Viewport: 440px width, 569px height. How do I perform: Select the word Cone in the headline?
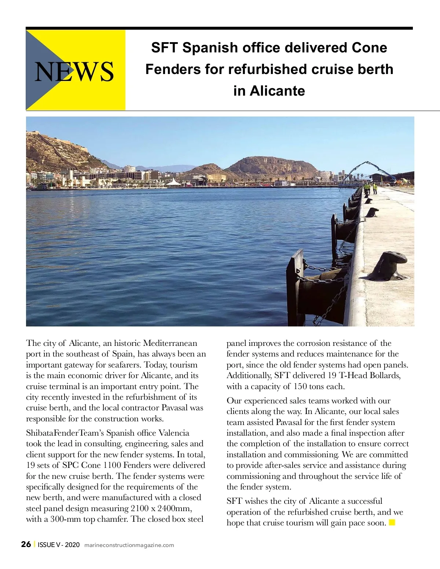pos(369,48)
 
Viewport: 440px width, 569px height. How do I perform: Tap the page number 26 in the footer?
pos(26,544)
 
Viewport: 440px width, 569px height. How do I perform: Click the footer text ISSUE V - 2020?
pos(59,545)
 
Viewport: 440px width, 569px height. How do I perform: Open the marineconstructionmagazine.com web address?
pos(129,545)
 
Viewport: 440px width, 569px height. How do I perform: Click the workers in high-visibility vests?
pos(370,188)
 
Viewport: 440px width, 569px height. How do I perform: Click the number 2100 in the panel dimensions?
pos(140,509)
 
